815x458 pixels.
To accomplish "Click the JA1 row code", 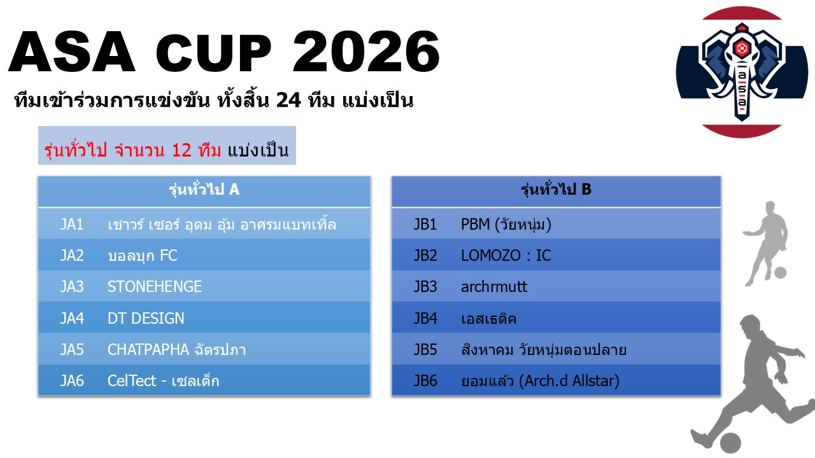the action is coord(72,225).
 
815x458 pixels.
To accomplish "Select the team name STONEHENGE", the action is coord(155,287).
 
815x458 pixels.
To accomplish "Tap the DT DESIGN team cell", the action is coord(146,319).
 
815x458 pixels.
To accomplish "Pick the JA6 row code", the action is coord(72,381).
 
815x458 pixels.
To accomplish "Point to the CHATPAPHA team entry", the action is coord(176,350).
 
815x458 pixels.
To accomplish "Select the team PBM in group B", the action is coord(506,225).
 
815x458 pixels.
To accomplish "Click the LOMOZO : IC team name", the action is coord(506,256).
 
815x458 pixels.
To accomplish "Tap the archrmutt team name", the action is coord(493,287).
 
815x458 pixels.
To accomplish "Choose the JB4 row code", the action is coord(425,319).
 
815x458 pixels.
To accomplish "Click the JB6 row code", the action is coord(425,381).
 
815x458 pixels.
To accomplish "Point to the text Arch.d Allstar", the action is coord(569,381).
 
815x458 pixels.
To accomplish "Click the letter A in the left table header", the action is coord(234,190).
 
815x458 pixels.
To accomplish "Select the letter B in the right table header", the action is coord(586,190).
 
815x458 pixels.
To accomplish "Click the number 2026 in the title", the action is coord(366,52).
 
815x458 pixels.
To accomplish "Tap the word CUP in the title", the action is coord(213,52).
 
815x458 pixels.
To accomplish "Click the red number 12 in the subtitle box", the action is coord(181,150).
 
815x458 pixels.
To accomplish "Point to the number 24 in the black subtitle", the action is coord(288,100).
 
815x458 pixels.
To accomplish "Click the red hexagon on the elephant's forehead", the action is coord(741,48).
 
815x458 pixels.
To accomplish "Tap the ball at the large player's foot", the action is coord(730,443).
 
